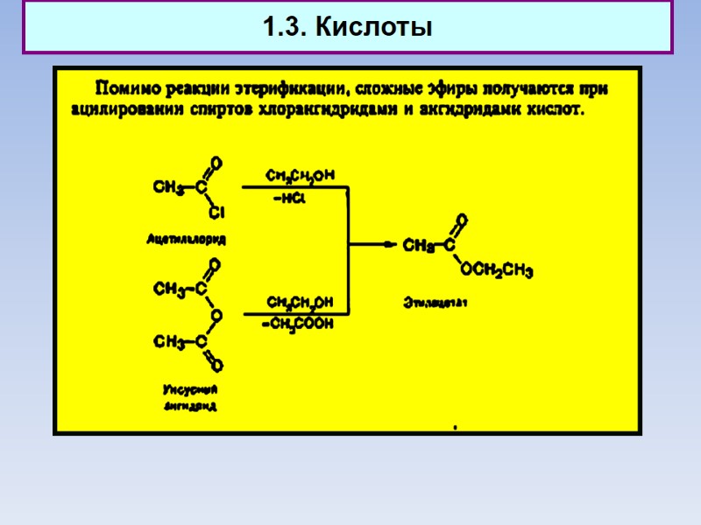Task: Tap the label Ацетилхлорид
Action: click(x=185, y=238)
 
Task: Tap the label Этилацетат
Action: click(x=435, y=304)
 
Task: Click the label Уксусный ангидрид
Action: click(x=190, y=397)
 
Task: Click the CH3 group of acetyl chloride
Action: click(x=167, y=187)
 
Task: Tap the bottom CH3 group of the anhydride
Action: click(x=169, y=341)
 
